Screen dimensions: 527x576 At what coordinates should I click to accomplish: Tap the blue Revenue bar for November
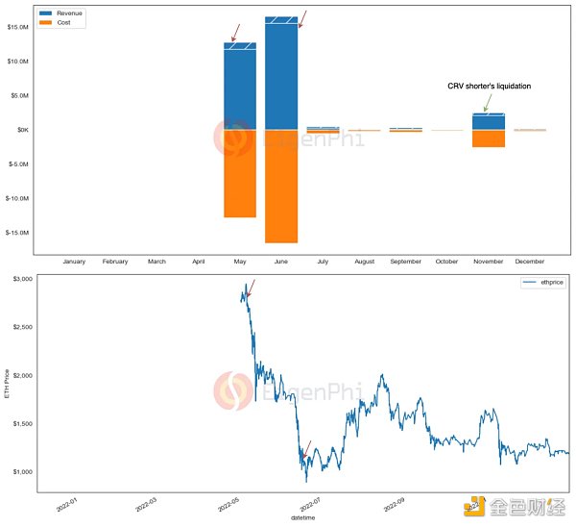(488, 122)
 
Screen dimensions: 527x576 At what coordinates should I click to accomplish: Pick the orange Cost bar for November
(488, 138)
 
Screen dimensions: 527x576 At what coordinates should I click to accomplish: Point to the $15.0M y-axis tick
(18, 27)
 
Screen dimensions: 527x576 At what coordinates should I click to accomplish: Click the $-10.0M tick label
(17, 198)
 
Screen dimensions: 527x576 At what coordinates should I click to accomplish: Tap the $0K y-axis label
(23, 130)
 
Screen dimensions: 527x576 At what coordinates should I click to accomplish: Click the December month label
(529, 262)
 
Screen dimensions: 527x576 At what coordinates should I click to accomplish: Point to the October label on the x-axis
(446, 262)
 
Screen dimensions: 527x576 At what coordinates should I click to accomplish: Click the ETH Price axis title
(9, 386)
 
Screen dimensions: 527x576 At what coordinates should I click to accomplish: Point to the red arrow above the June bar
(301, 18)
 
